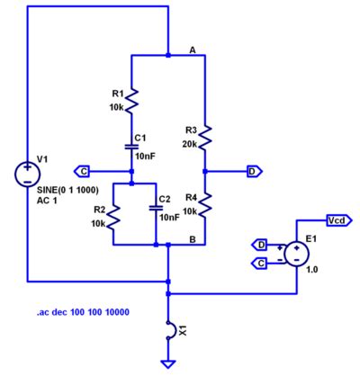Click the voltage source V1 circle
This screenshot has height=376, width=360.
click(x=27, y=171)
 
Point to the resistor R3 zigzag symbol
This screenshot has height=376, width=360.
click(x=205, y=136)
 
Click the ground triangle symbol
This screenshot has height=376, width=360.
click(x=167, y=363)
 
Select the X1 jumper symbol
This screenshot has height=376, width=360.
click(x=167, y=331)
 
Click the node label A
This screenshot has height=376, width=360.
click(x=192, y=49)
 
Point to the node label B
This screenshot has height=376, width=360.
click(x=192, y=238)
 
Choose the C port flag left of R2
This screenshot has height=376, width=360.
click(x=83, y=170)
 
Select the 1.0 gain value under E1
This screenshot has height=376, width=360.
click(x=312, y=268)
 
